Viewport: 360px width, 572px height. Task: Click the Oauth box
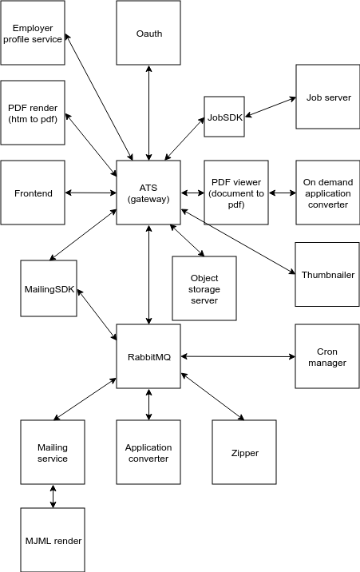[x=148, y=33]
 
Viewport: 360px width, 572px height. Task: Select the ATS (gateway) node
[x=148, y=193]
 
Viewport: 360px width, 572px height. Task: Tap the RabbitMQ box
[x=148, y=356]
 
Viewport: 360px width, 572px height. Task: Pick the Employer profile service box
[x=33, y=33]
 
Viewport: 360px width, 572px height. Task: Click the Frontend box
[x=33, y=193]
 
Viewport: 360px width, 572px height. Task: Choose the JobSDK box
[x=224, y=117]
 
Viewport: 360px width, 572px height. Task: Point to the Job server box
[x=327, y=97]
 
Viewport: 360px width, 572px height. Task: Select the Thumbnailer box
[x=327, y=274]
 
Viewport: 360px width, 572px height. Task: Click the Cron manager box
[x=327, y=356]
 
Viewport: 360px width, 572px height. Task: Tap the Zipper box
[x=244, y=452]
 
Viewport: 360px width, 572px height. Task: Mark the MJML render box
[x=53, y=540]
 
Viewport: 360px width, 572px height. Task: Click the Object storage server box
[x=204, y=288]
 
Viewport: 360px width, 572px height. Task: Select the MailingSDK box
[x=49, y=288]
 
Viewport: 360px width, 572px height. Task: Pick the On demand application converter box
[x=327, y=193]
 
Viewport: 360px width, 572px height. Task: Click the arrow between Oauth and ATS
[x=148, y=113]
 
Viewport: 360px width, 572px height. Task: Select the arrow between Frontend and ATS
[x=91, y=193]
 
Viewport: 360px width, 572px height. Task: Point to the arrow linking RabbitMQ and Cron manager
[x=238, y=356]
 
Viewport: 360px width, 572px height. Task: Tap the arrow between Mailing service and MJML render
[x=53, y=496]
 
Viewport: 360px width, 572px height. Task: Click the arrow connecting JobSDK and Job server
[x=270, y=107]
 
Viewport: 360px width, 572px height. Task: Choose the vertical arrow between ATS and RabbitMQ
[x=148, y=274]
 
